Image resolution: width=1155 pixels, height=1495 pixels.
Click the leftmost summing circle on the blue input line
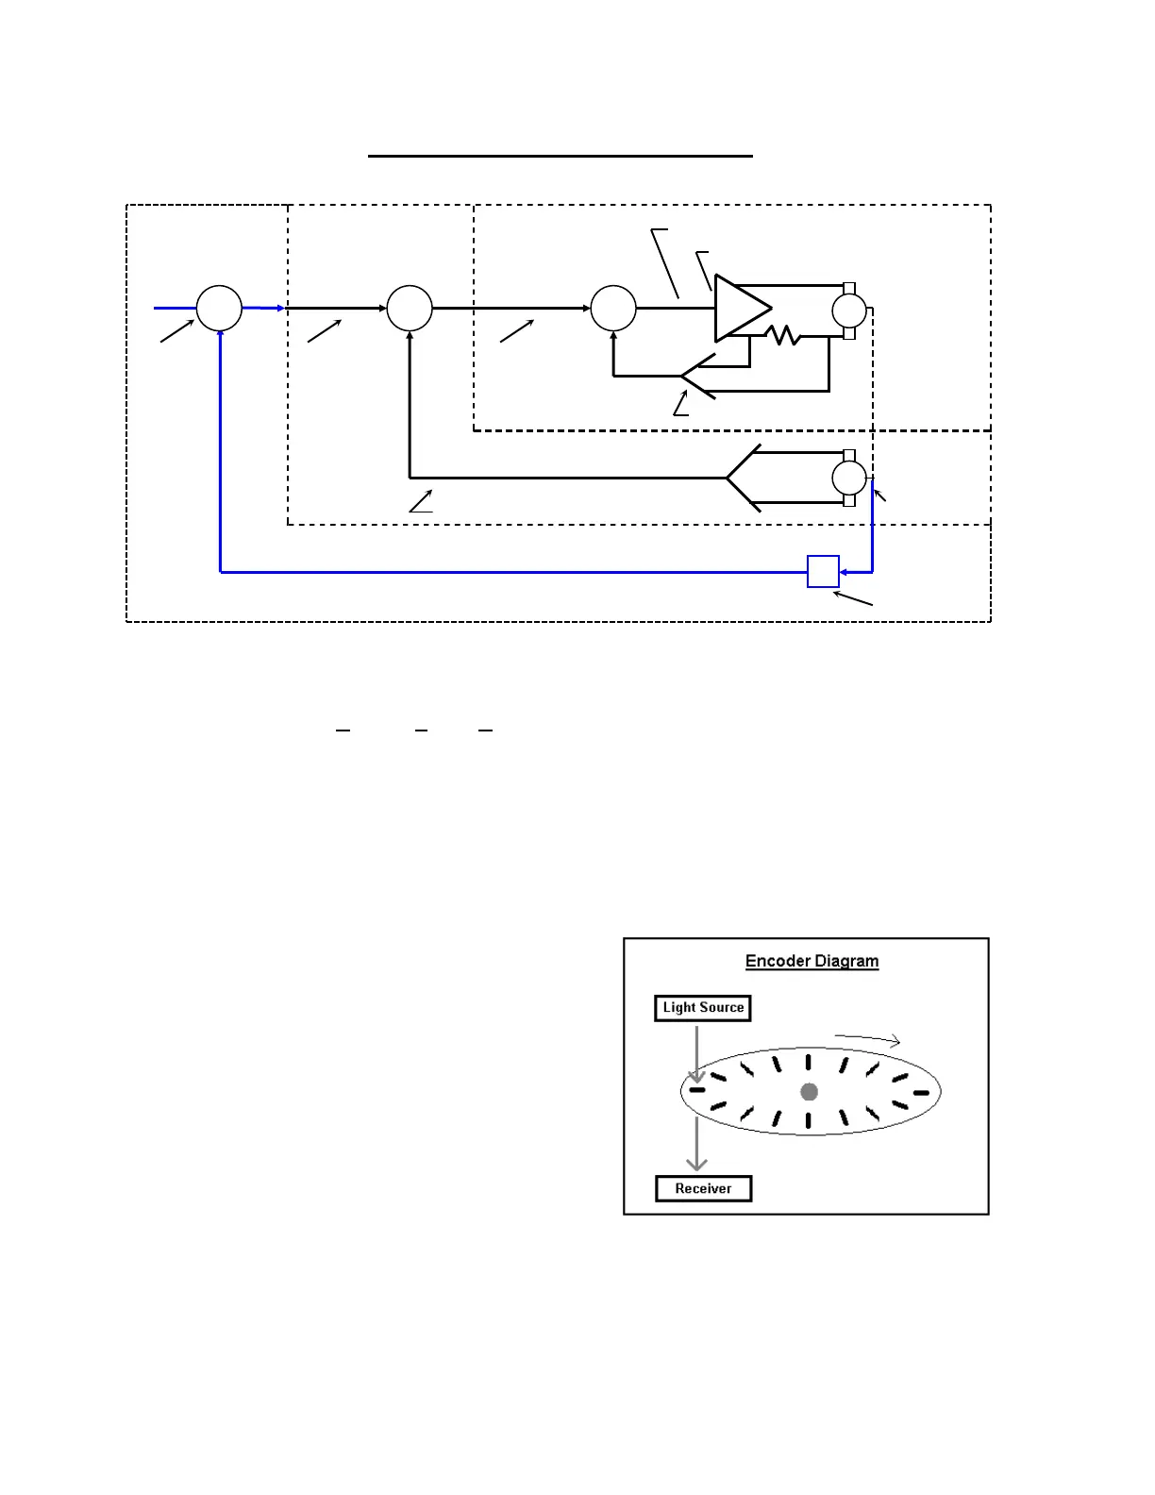[x=219, y=309]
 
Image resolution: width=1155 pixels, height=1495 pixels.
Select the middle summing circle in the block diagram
[x=410, y=309]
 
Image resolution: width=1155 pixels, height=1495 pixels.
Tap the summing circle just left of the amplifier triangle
[x=613, y=309]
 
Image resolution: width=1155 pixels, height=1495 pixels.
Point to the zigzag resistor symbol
[x=782, y=335]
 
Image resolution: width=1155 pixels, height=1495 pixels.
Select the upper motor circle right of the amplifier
[x=848, y=310]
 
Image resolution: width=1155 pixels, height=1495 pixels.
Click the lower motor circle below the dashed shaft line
[x=848, y=478]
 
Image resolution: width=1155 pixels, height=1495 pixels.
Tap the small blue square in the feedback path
[x=823, y=572]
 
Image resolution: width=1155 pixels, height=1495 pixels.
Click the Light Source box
[x=703, y=1008]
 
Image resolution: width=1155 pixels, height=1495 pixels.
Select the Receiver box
[x=703, y=1188]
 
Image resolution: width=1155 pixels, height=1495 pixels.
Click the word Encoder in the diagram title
[x=777, y=961]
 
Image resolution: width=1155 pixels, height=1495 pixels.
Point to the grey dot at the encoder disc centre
[x=809, y=1092]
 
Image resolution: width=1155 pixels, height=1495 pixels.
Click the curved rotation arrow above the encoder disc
[x=868, y=1039]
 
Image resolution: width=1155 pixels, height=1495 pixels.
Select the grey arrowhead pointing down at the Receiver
[x=696, y=1164]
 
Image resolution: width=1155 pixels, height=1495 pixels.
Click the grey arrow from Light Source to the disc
[x=696, y=1052]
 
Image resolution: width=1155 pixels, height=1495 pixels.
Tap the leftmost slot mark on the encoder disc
[x=696, y=1090]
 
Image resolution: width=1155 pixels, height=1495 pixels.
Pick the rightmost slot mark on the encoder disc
[x=921, y=1093]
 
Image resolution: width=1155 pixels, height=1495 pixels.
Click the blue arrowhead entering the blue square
[x=844, y=572]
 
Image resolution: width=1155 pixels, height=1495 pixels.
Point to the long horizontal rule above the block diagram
[x=560, y=156]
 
